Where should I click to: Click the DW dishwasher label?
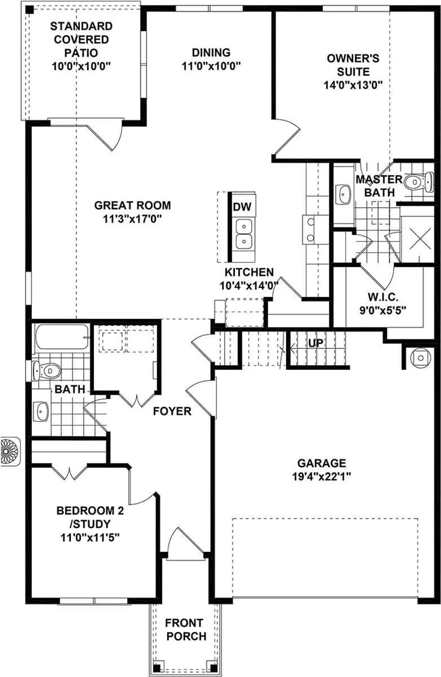[x=242, y=207]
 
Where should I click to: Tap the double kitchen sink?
[x=244, y=234]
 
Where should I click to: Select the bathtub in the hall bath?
[x=62, y=336]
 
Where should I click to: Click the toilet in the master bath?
[x=419, y=182]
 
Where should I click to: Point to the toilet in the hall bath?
[x=47, y=370]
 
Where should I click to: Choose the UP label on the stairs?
[x=316, y=343]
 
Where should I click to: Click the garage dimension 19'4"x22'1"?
[x=322, y=476]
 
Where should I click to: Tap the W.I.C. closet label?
[x=383, y=297]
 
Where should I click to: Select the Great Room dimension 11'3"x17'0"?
[x=133, y=219]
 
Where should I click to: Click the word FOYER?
[x=172, y=411]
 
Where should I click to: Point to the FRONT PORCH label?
[x=186, y=629]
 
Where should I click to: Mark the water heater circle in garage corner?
[x=420, y=358]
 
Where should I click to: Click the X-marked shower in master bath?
[x=420, y=238]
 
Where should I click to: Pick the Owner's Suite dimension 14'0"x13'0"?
[x=353, y=85]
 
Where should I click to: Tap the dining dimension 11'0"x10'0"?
[x=211, y=66]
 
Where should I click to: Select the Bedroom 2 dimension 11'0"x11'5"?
[x=90, y=537]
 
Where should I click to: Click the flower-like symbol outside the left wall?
[x=9, y=451]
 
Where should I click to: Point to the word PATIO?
[x=81, y=53]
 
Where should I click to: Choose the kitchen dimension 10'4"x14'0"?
[x=249, y=286]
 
